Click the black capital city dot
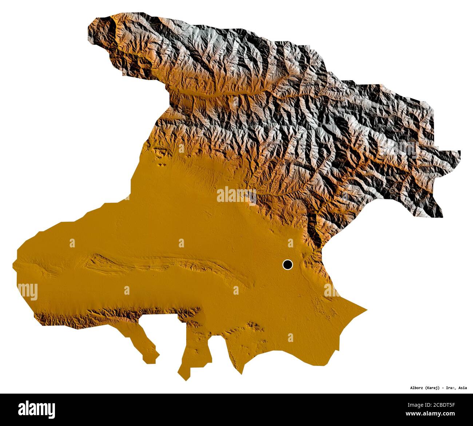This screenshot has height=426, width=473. click(287, 264)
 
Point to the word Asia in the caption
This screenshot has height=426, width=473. click(463, 387)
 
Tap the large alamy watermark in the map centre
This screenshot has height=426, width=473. click(236, 195)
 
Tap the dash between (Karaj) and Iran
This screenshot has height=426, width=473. click(442, 387)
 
